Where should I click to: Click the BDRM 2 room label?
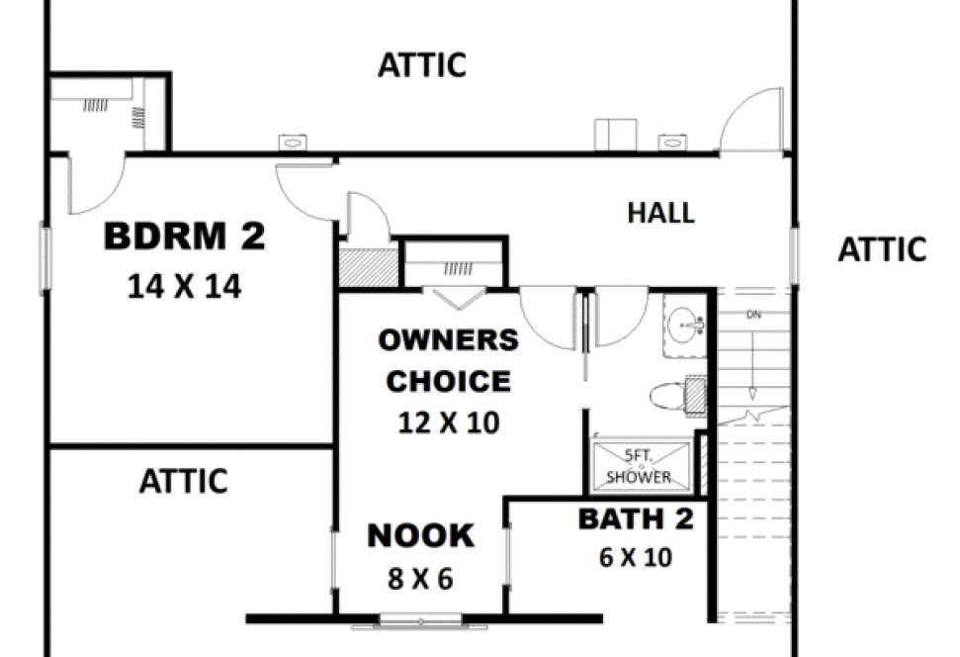185,238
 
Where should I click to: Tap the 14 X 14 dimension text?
185,287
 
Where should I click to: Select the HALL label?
660,213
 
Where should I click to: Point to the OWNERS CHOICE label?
449,361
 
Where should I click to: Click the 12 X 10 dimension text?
449,423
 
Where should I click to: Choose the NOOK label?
420,536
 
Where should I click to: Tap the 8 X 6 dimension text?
420,579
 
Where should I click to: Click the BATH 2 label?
636,518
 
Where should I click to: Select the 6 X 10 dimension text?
636,558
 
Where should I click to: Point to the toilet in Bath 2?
675,396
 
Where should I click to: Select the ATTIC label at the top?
421,66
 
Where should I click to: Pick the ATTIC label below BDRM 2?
183,482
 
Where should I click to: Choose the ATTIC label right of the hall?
882,250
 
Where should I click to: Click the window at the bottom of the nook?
421,621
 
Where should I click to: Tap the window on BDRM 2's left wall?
44,258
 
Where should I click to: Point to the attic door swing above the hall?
751,121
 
